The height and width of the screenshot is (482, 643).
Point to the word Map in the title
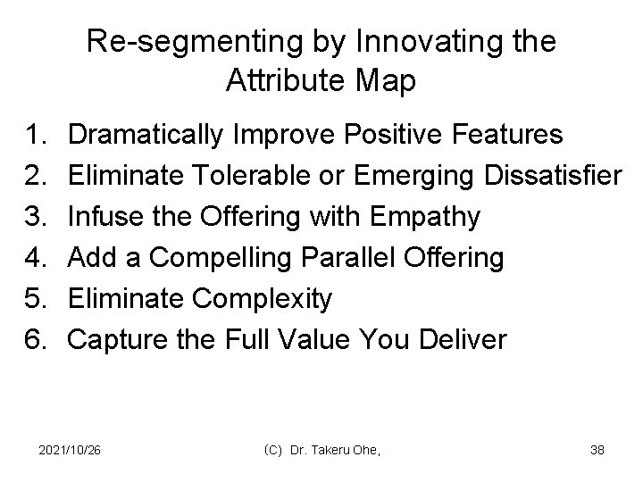coord(387,82)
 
